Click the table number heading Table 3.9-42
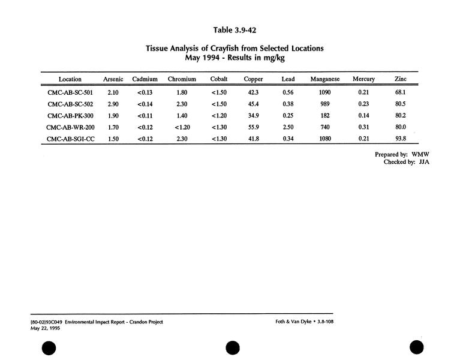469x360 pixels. coord(235,29)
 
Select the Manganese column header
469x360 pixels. coord(325,79)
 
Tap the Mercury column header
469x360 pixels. coord(363,79)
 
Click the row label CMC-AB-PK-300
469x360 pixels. coord(70,116)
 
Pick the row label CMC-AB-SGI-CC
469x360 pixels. coord(70,139)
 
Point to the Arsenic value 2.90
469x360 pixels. coord(113,104)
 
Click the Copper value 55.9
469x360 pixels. coord(253,127)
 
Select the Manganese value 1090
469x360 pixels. coord(325,93)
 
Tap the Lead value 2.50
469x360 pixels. coord(288,127)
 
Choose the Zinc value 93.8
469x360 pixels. coord(401,139)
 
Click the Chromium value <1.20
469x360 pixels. coord(182,127)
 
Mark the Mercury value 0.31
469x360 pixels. coord(363,127)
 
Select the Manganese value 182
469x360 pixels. coord(325,116)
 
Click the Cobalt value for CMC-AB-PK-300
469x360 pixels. coord(219,116)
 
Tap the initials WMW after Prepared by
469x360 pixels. coord(420,154)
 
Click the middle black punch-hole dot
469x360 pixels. coord(233,347)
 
